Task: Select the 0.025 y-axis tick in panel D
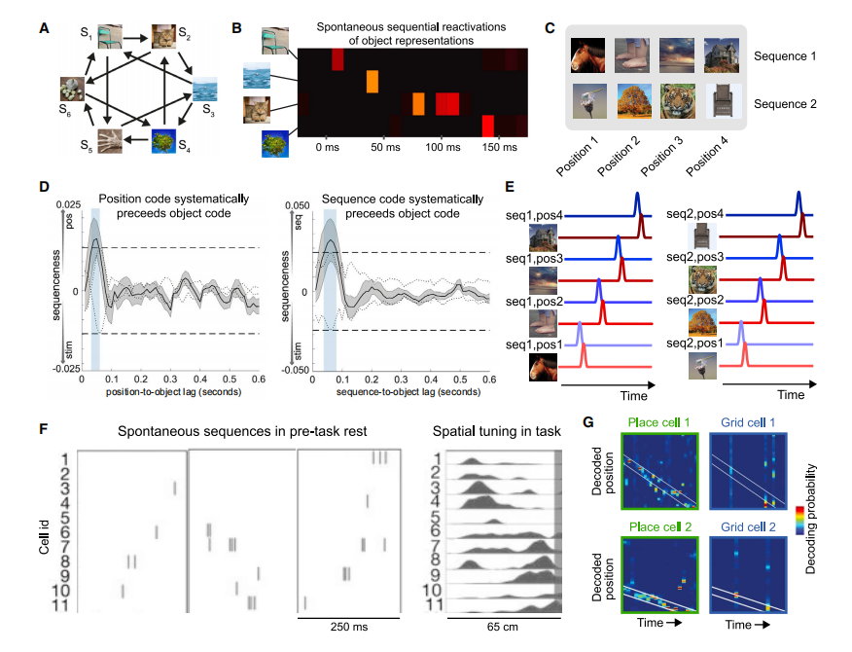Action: [67, 201]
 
